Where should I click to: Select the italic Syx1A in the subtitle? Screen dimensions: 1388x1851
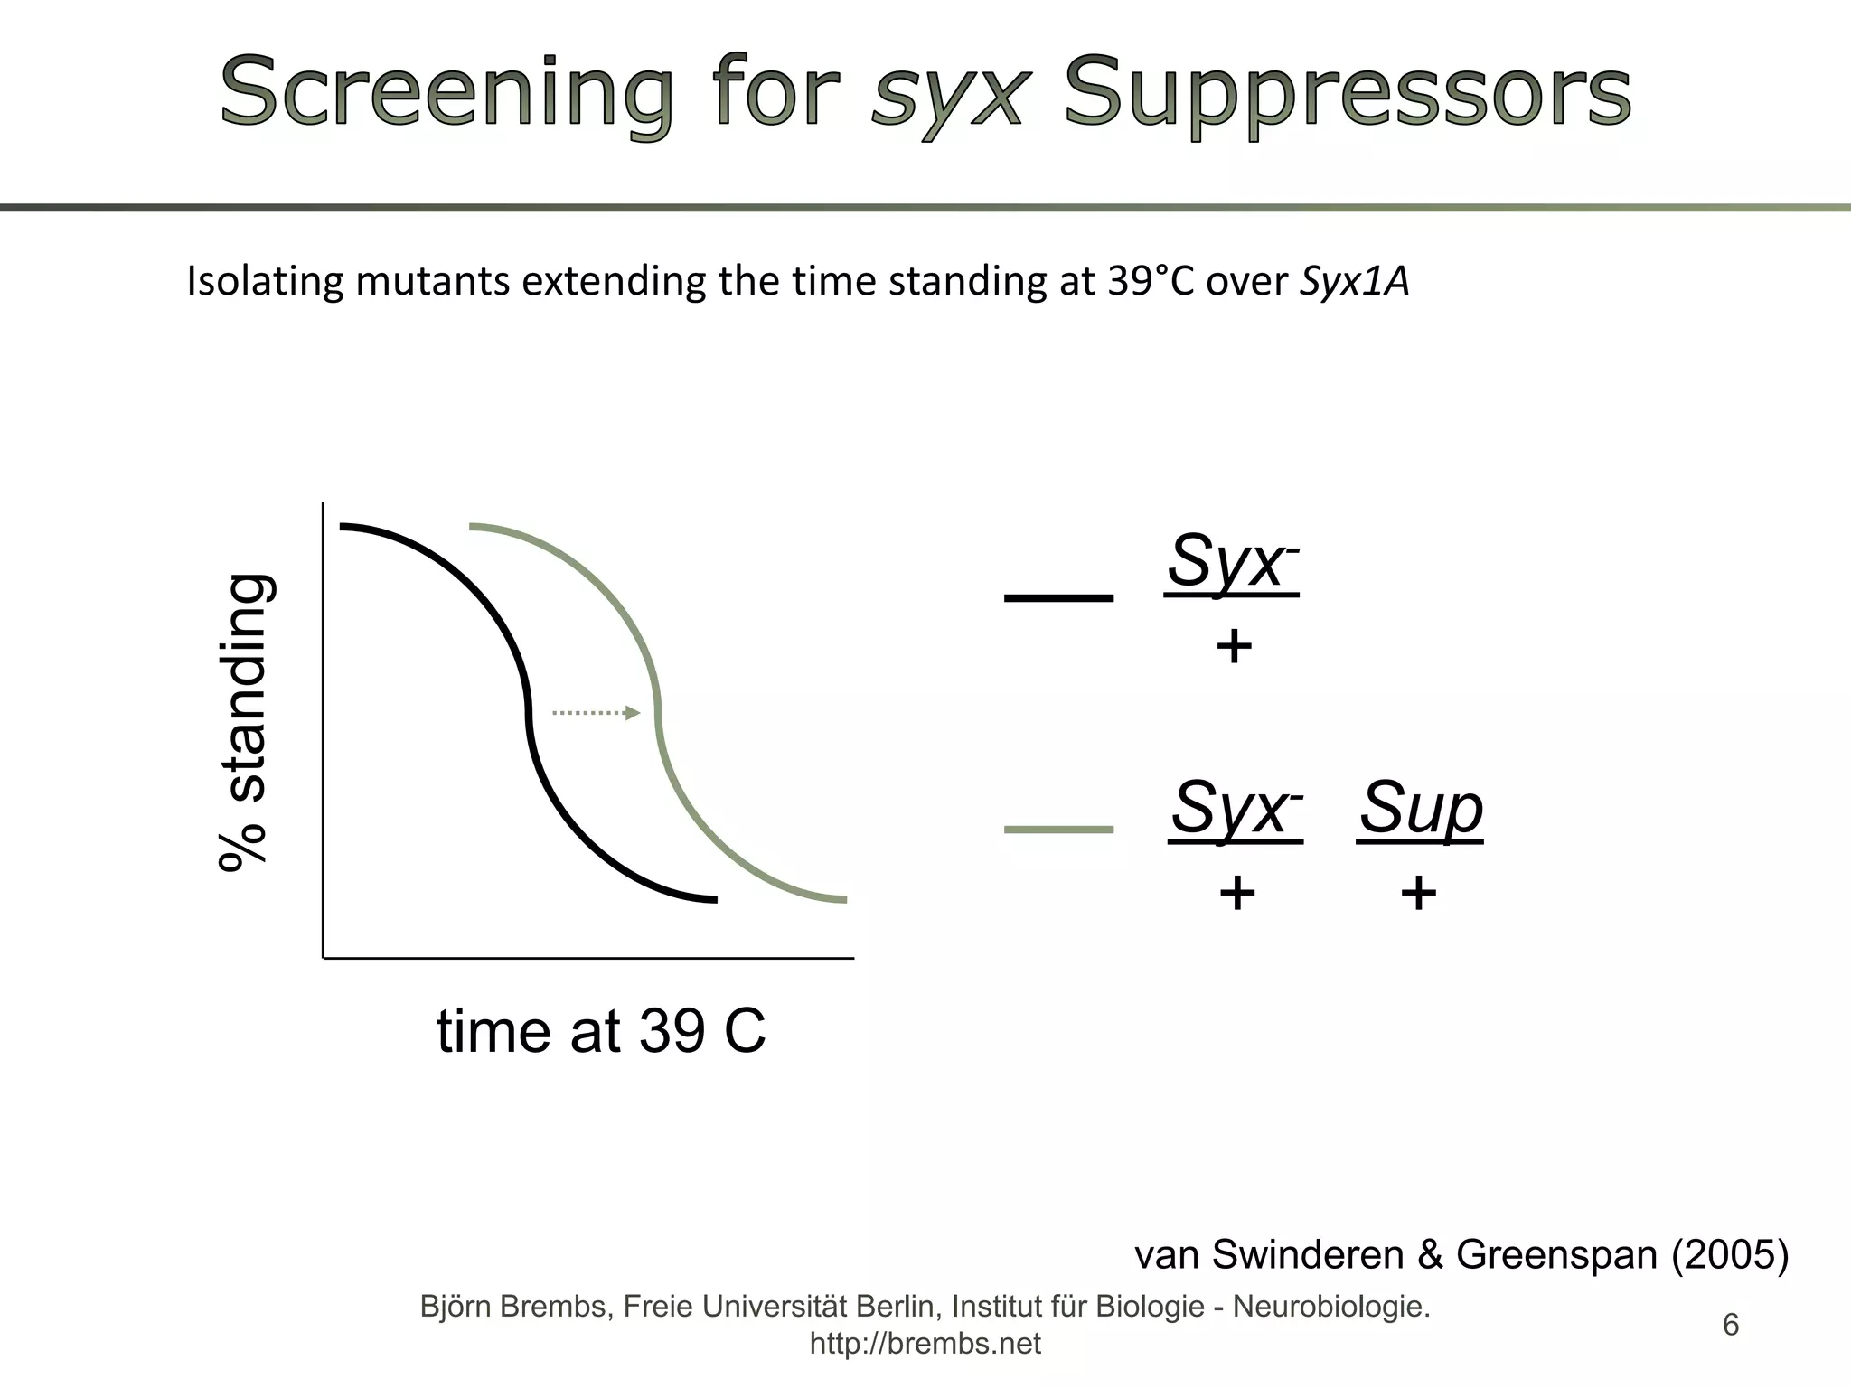pos(1354,282)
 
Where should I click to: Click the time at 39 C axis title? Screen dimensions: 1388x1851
pos(601,1031)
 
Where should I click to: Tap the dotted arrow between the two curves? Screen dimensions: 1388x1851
pos(595,713)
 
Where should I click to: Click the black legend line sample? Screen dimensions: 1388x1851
pos(1058,597)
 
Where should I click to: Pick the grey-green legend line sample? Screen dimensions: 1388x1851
pos(1058,829)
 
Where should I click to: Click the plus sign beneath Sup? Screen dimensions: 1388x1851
pos(1418,895)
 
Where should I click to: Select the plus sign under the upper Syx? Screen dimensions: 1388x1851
pos(1234,648)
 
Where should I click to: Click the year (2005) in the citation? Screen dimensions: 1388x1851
pos(1729,1254)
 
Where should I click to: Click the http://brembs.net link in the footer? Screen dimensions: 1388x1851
pos(925,1344)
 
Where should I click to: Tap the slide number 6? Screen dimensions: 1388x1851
pos(1731,1325)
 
